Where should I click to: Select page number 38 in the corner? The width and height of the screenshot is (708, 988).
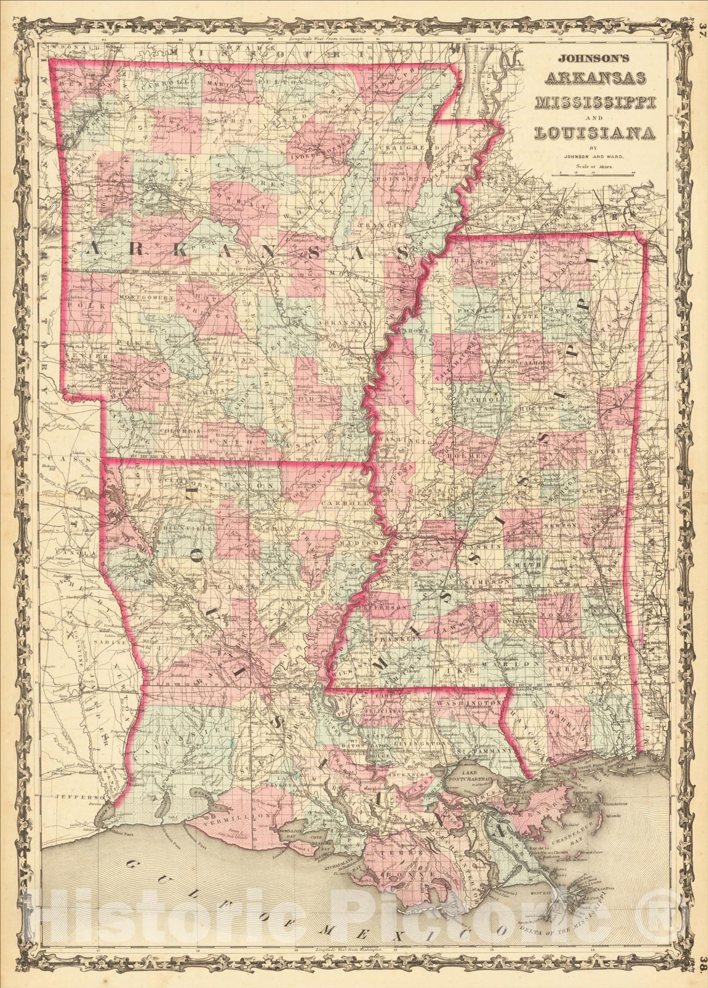click(x=701, y=979)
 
